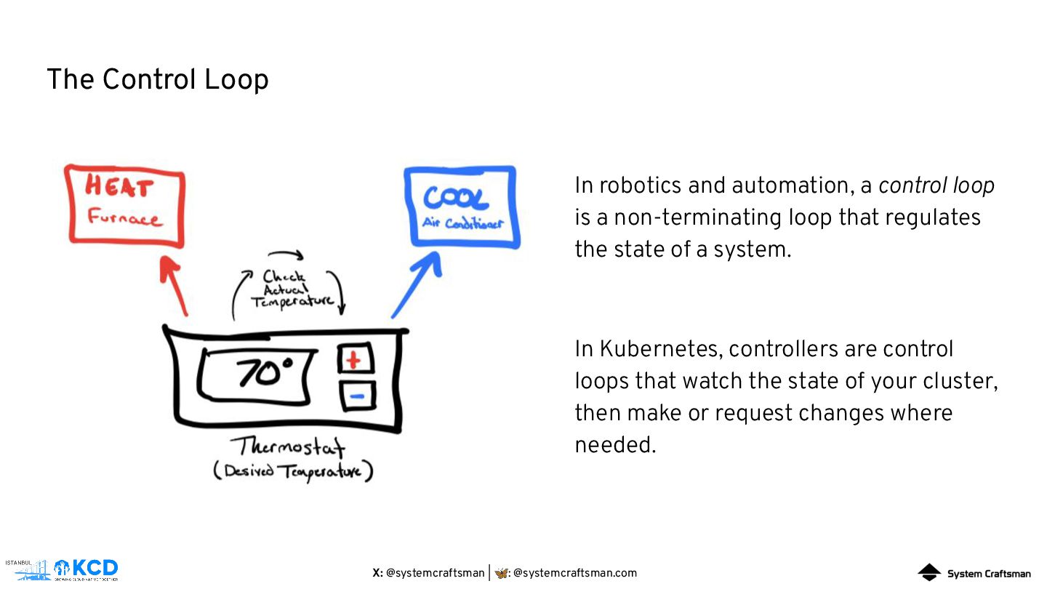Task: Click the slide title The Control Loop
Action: (157, 79)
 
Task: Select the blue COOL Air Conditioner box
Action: (461, 207)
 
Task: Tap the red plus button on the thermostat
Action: (355, 359)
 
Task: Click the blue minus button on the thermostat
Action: (357, 396)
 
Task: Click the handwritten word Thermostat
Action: (288, 446)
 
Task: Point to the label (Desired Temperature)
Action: (293, 471)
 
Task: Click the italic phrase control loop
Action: (936, 186)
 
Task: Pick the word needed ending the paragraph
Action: (614, 445)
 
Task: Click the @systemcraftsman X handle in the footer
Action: (435, 573)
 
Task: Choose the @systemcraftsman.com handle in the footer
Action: (574, 573)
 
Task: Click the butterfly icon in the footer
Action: (502, 573)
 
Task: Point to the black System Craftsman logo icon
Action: (928, 573)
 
